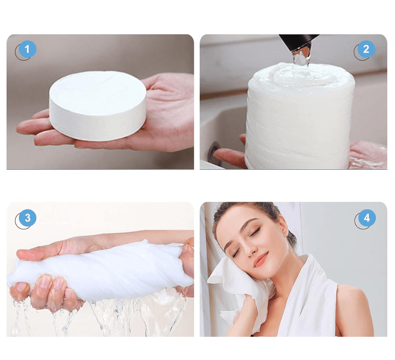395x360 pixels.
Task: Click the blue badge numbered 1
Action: (27, 49)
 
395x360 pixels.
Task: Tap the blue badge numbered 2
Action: (366, 49)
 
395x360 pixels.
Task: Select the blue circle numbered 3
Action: (27, 218)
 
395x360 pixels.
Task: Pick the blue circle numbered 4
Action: (366, 218)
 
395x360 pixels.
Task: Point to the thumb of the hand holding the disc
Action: (157, 82)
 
